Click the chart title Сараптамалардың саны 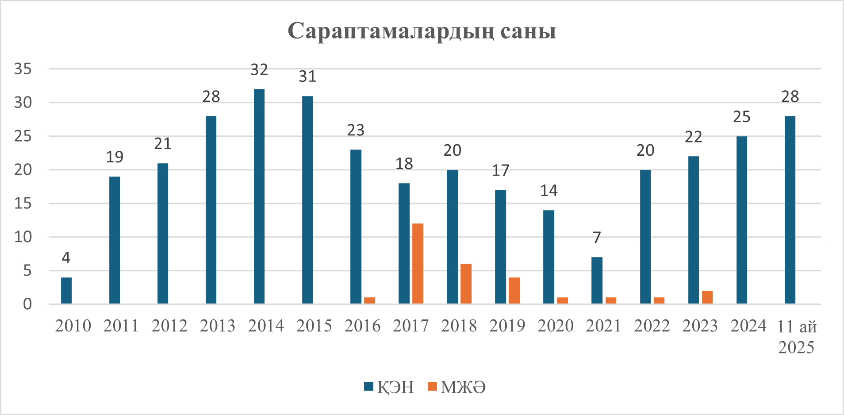(x=422, y=31)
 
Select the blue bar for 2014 (x=259, y=196)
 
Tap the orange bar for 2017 (x=418, y=264)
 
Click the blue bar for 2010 (x=66, y=291)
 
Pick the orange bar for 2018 (x=466, y=284)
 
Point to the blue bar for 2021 (x=597, y=281)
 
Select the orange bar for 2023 (x=707, y=297)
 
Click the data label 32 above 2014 (x=259, y=69)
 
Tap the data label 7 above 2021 (x=597, y=238)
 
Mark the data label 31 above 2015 (x=307, y=77)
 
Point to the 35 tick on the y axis (x=23, y=69)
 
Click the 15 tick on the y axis (x=23, y=203)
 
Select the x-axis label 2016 (x=362, y=326)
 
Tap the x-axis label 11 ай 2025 (x=796, y=337)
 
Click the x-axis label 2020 (x=555, y=326)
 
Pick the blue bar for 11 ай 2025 (x=790, y=210)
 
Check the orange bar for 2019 (x=514, y=291)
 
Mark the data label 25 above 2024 (x=741, y=117)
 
